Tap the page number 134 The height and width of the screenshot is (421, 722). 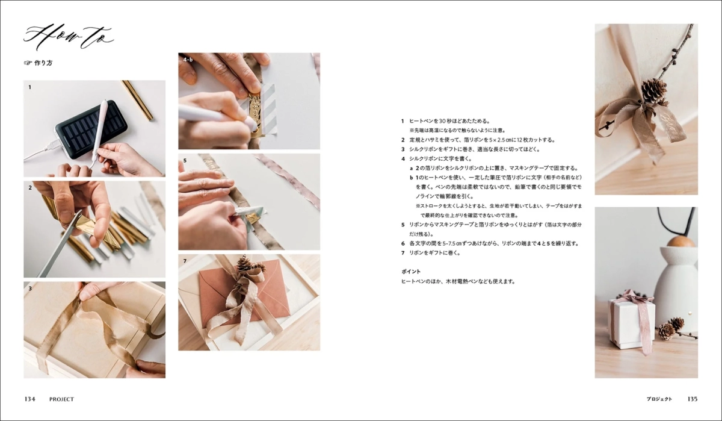point(30,399)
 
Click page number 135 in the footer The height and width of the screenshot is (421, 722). point(692,399)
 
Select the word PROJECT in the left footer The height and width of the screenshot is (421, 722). point(61,399)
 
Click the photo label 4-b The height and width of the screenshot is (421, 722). point(188,60)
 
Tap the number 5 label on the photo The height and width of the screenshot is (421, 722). point(185,161)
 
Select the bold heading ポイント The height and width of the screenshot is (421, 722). point(411,272)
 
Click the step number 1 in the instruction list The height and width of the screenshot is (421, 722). point(403,121)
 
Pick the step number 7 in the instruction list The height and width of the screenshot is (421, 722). point(403,253)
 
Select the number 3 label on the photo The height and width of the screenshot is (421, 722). point(29,288)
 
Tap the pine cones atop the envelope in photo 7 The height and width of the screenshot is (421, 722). point(245,264)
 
